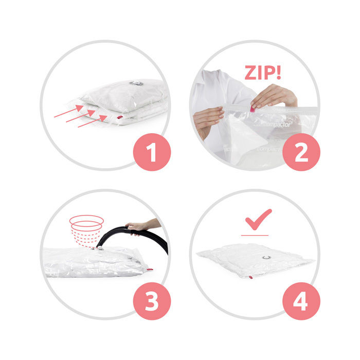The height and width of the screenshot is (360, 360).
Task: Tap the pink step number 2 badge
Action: click(301, 153)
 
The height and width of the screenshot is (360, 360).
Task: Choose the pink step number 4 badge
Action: click(301, 302)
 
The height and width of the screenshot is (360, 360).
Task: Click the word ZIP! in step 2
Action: click(263, 73)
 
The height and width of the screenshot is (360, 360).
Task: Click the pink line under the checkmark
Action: click(255, 235)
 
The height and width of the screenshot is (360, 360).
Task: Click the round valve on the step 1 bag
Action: click(135, 83)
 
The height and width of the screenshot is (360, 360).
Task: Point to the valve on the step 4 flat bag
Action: click(266, 257)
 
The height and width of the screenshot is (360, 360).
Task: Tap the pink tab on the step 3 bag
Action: click(149, 269)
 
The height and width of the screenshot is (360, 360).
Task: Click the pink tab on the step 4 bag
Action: click(251, 277)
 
